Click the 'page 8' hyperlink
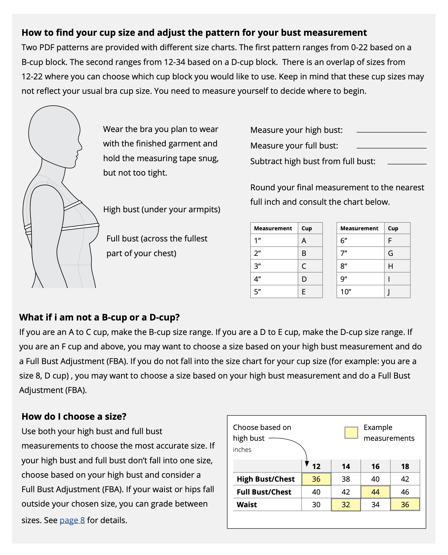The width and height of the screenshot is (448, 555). pos(72,520)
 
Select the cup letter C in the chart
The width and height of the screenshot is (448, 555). pos(304,266)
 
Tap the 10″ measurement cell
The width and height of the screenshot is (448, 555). pos(346,292)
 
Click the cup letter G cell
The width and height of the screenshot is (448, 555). pos(390,253)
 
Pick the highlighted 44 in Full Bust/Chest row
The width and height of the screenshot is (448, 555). pos(375,492)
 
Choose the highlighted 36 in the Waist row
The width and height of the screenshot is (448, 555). pos(405,504)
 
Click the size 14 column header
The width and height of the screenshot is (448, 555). pos(346,466)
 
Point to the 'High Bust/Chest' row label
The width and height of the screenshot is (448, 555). pos(266,479)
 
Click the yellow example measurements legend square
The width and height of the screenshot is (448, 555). pos(351,433)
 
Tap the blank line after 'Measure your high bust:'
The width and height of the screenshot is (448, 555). pos(391,132)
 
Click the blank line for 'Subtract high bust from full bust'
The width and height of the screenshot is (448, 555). pos(407,164)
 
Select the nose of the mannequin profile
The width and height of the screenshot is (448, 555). pos(80,147)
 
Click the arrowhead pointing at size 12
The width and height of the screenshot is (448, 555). pos(307,464)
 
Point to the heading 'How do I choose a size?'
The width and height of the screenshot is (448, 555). pos(74,416)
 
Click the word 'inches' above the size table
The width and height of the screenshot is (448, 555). pos(242,449)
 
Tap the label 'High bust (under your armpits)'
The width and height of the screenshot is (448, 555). pos(162,209)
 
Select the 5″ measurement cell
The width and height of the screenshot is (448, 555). pos(258,292)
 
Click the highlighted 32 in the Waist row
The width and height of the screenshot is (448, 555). pos(346,504)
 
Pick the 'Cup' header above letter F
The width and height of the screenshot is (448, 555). pos(393,228)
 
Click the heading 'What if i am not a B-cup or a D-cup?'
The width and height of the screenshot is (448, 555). pos(99,317)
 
